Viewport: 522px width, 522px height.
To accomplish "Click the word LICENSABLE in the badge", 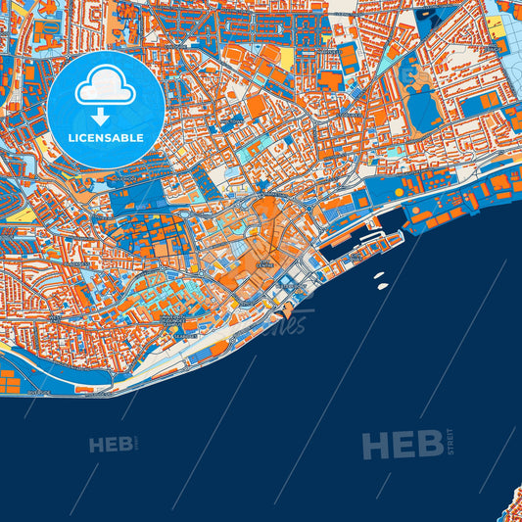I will tap(106, 138).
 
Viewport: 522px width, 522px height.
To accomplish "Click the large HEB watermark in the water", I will tap(401, 447).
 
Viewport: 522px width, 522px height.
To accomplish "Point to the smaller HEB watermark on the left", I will tap(111, 446).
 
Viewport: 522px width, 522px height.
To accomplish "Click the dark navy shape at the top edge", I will tap(427, 14).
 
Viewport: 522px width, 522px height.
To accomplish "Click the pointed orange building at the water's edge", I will tap(288, 313).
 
